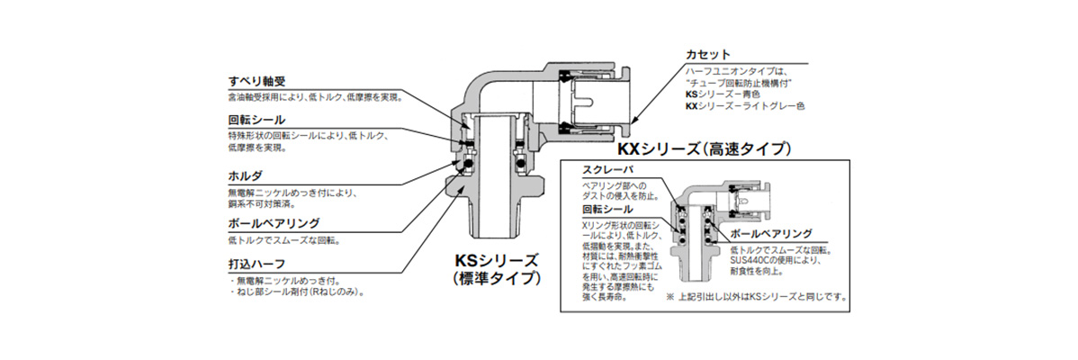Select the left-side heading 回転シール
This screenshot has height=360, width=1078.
[256, 120]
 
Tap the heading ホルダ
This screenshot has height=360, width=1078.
[245, 175]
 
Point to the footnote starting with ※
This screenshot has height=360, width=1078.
[756, 296]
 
